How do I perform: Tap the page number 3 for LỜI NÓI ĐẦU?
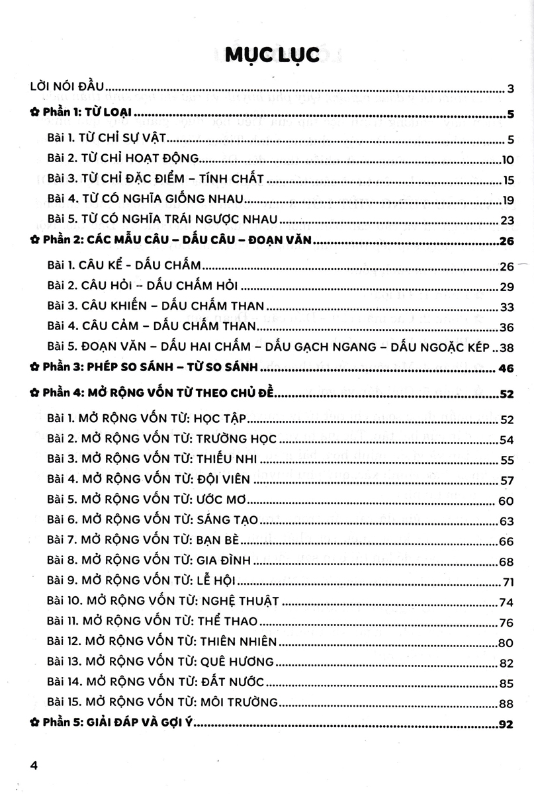(511, 89)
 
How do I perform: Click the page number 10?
(508, 159)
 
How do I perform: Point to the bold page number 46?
(507, 368)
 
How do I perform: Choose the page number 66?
(508, 541)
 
